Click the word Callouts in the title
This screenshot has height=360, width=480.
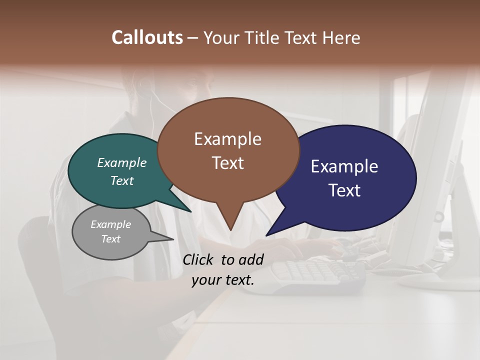pos(147,37)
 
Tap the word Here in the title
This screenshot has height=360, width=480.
pos(342,37)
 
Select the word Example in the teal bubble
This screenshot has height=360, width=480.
pos(122,162)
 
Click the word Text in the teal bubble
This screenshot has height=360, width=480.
pos(122,180)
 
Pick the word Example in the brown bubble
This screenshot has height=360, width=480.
pos(227,139)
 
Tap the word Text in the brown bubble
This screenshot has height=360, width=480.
pos(227,163)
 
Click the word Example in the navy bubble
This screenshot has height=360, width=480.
pos(344,166)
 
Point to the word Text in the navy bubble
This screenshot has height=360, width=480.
pos(344,190)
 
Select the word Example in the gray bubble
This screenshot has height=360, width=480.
pos(111,224)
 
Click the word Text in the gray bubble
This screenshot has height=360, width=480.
pos(111,239)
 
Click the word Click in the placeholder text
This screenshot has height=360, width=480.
pos(199,259)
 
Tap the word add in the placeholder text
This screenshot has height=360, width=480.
pos(250,259)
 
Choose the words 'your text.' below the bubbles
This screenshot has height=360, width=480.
pos(223,280)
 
